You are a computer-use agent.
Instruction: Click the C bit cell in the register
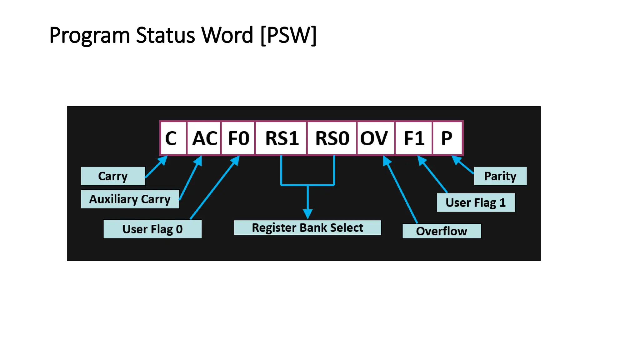click(x=173, y=138)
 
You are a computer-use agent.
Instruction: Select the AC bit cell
click(x=204, y=138)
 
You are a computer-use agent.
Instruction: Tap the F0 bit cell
click(x=238, y=138)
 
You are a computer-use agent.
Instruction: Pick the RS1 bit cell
click(x=281, y=138)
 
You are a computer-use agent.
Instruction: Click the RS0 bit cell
click(x=332, y=138)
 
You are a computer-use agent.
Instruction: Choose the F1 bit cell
click(x=414, y=138)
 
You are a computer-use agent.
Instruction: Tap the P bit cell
click(x=447, y=138)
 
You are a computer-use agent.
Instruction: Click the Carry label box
click(x=113, y=176)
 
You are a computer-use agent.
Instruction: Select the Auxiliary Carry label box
click(x=130, y=199)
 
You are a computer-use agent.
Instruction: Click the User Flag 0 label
click(x=152, y=229)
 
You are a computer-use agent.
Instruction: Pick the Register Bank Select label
click(x=307, y=227)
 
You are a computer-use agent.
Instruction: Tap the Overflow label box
click(x=442, y=231)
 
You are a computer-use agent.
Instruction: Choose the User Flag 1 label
click(x=476, y=202)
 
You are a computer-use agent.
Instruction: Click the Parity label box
click(x=500, y=176)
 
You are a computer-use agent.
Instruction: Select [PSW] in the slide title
click(x=288, y=35)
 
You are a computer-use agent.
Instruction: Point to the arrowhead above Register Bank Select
click(x=308, y=214)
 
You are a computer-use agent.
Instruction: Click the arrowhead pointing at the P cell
click(x=457, y=160)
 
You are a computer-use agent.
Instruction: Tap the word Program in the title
click(x=89, y=35)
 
